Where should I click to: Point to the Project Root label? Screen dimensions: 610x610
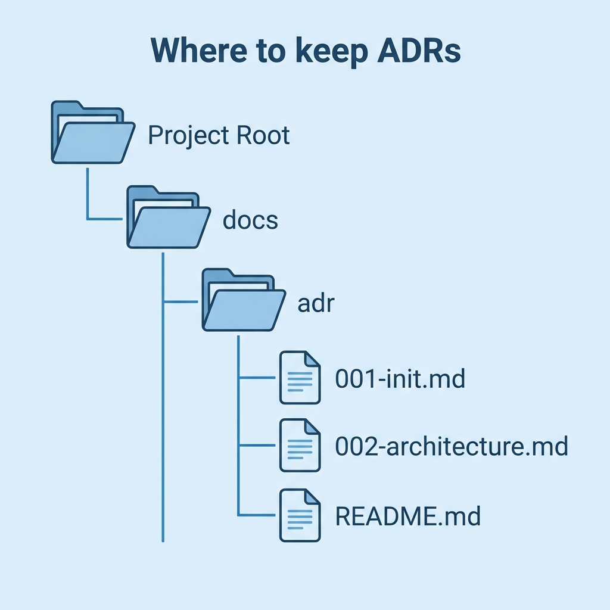click(219, 136)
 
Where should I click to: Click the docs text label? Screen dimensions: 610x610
click(250, 220)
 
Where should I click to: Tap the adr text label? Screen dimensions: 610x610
click(316, 304)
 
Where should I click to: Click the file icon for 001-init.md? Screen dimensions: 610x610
click(300, 378)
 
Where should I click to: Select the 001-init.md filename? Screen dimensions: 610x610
click(400, 379)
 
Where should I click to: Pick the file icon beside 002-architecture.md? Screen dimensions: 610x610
click(300, 446)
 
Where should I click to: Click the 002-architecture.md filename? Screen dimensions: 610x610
click(452, 447)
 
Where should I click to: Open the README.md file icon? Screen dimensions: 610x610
click(300, 515)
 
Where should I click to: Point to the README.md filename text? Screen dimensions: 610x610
click(408, 516)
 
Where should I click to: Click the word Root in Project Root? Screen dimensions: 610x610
click(263, 136)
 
